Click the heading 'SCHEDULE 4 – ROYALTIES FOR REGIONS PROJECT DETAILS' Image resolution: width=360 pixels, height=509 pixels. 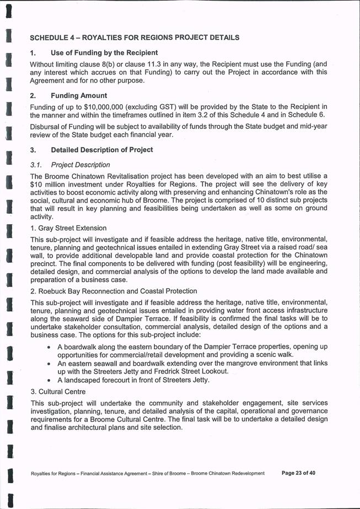tap(135, 38)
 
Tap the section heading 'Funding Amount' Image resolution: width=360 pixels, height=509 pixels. tap(79, 95)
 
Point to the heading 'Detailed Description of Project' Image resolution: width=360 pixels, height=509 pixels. tap(102, 150)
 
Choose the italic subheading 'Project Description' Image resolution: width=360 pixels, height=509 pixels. tap(80, 165)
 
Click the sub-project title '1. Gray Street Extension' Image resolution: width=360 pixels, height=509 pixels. tap(68, 228)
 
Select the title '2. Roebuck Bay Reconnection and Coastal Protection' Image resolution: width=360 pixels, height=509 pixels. tap(114, 291)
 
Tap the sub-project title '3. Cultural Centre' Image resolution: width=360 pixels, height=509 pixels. tap(58, 392)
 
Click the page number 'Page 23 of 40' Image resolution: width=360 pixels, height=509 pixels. tap(298, 473)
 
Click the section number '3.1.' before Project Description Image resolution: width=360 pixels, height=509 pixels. tap(37, 165)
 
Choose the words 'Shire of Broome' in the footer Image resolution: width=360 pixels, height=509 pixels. tap(168, 473)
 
